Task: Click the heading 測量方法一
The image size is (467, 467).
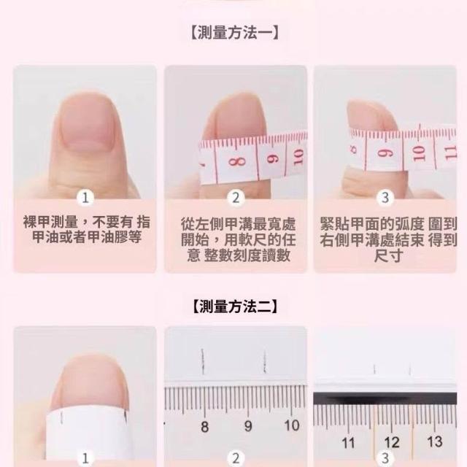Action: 235,32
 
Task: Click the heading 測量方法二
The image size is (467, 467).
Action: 235,306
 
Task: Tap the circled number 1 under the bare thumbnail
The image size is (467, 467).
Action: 85,198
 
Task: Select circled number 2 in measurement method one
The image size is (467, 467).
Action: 236,198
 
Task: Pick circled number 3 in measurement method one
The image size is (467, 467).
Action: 385,198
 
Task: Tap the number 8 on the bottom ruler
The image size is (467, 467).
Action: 204,427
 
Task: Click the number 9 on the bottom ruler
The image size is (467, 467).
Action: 248,426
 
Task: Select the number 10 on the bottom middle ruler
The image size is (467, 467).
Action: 292,425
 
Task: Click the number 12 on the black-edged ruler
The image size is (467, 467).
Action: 391,443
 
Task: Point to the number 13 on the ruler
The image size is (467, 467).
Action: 434,441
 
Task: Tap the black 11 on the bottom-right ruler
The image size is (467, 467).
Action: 348,443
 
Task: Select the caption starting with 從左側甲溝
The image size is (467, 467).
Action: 239,240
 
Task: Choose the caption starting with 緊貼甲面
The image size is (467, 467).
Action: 388,240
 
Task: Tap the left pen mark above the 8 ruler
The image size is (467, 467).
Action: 203,361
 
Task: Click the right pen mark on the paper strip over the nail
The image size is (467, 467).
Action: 126,416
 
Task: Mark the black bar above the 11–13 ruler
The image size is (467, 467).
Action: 385,398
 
